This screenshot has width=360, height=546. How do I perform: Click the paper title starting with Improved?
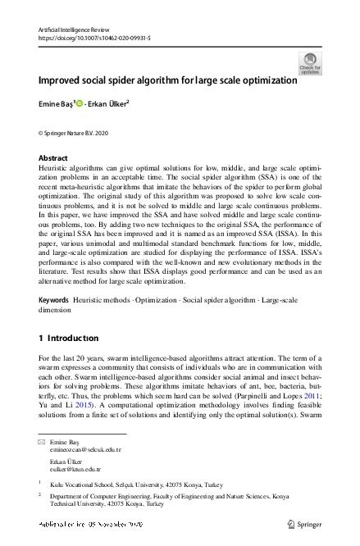click(x=166, y=81)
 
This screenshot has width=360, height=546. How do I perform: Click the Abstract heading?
click(x=53, y=157)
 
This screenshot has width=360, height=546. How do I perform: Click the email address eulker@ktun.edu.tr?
click(x=75, y=469)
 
